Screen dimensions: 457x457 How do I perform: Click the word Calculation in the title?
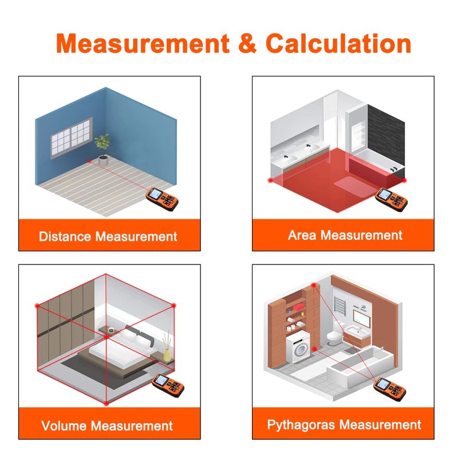tap(338, 43)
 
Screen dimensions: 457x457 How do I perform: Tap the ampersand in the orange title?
tap(247, 43)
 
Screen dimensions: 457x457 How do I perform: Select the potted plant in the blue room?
tap(102, 150)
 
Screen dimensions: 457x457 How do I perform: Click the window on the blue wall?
tap(72, 138)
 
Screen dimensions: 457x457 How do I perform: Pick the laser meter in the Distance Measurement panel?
tap(162, 199)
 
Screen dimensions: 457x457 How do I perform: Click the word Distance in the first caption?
tap(65, 236)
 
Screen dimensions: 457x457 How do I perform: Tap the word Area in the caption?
tap(302, 235)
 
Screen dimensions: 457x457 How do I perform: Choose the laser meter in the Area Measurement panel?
tap(391, 199)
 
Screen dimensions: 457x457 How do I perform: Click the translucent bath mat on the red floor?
tap(355, 187)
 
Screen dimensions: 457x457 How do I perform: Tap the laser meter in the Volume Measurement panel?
tap(168, 385)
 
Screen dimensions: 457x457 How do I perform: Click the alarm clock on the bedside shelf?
tap(111, 330)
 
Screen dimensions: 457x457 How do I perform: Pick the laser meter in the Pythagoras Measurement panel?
tap(390, 388)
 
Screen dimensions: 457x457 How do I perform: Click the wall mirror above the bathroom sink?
tap(362, 318)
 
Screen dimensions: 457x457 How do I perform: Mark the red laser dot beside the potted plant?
tap(89, 161)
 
